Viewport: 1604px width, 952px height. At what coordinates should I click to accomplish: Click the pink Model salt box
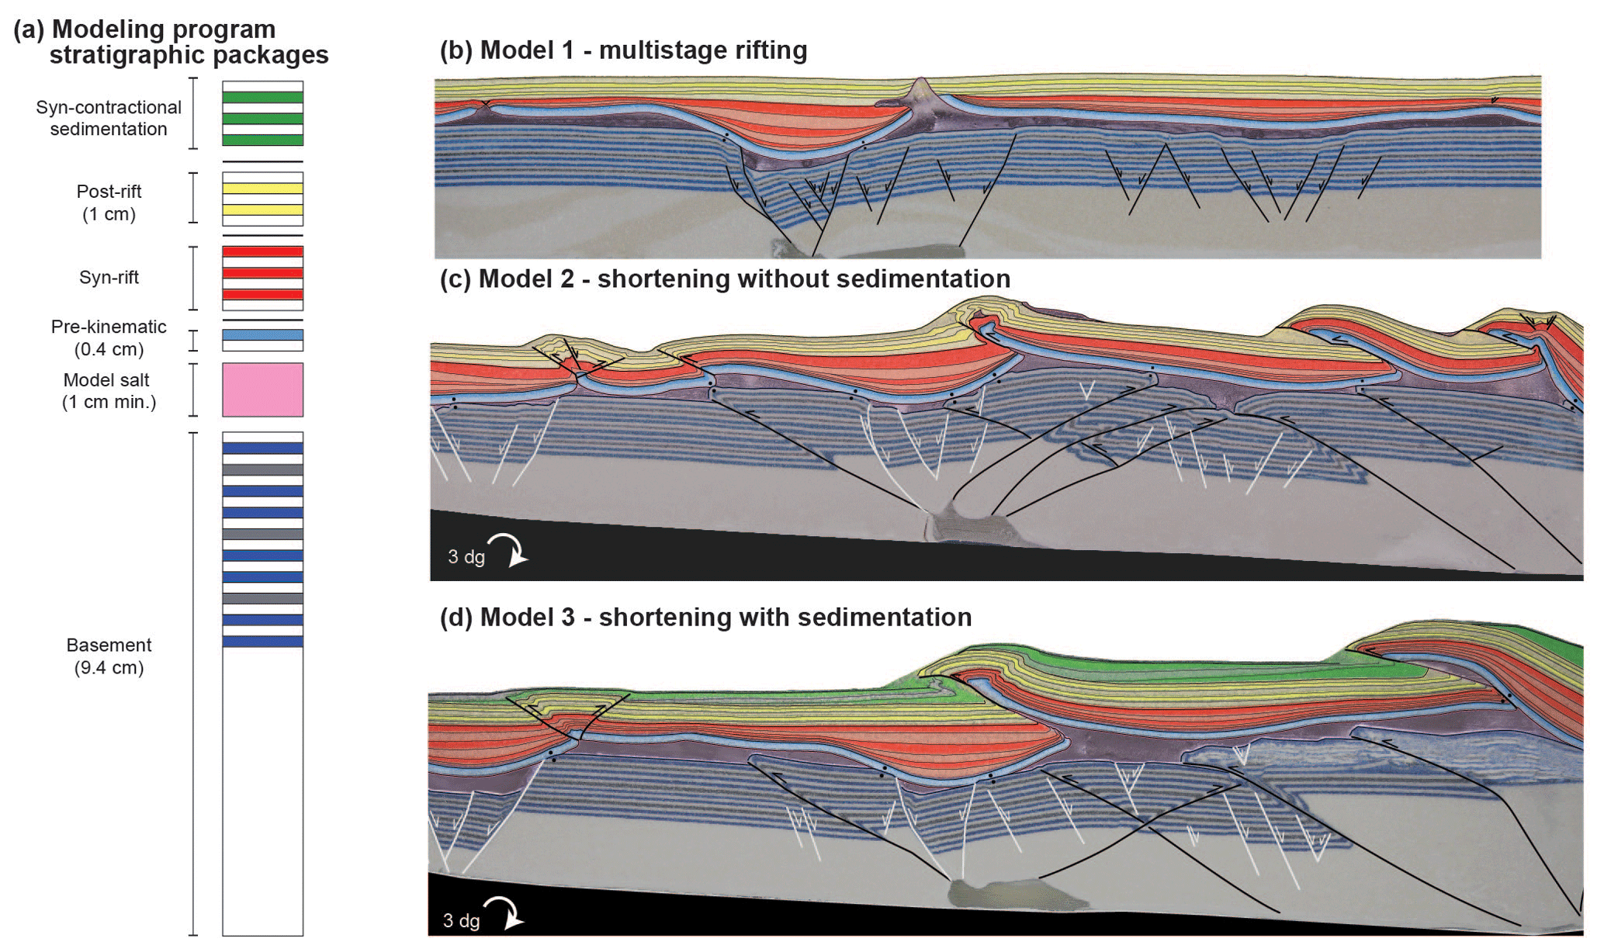click(262, 389)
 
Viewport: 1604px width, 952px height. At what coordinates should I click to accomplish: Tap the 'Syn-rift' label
click(109, 278)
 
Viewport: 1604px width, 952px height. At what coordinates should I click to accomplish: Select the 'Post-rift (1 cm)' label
click(109, 203)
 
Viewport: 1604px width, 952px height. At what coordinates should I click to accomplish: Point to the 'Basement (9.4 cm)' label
click(109, 656)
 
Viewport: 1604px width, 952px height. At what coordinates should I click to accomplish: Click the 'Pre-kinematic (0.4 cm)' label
click(109, 338)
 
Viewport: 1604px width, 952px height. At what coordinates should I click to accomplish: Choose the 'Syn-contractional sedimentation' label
click(109, 118)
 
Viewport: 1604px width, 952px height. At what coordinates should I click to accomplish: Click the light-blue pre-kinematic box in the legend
click(262, 335)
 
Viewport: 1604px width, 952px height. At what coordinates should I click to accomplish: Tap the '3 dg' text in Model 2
click(466, 556)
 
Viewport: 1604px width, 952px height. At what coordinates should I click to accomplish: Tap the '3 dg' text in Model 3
click(461, 920)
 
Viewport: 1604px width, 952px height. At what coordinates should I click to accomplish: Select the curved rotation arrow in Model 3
click(504, 912)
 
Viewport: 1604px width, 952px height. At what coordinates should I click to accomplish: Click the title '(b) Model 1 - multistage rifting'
click(623, 50)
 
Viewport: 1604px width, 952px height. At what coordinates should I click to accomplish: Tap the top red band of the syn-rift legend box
click(262, 252)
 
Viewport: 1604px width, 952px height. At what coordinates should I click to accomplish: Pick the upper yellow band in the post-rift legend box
click(262, 189)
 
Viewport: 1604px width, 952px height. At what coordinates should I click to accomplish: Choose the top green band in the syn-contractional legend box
click(262, 98)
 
